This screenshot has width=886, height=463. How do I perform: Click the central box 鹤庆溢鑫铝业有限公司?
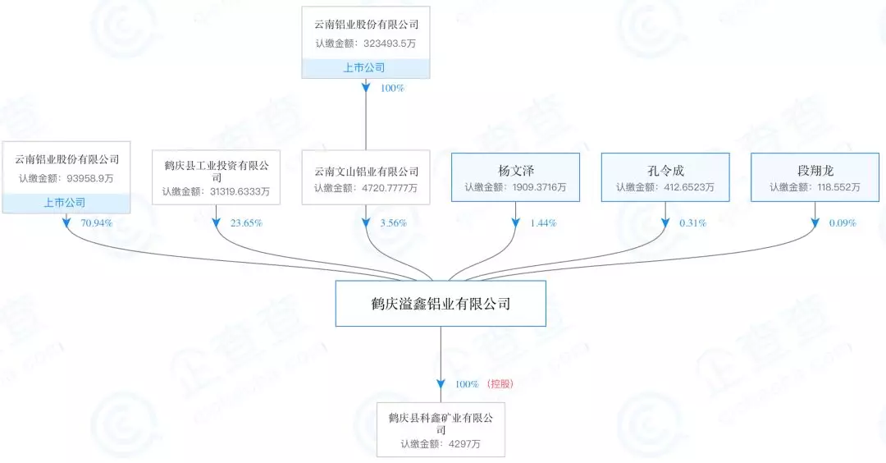(x=441, y=304)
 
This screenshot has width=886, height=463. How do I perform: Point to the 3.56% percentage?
(x=394, y=222)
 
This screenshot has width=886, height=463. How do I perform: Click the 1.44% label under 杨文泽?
(x=543, y=222)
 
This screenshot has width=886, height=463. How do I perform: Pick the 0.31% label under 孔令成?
(x=693, y=222)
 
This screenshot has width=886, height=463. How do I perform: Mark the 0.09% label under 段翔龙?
(x=843, y=222)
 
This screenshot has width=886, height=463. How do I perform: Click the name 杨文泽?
(x=516, y=172)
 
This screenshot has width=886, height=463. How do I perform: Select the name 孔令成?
(x=665, y=172)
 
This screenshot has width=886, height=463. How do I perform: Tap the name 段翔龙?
(x=815, y=172)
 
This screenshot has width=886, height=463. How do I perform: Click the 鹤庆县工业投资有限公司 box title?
(x=216, y=171)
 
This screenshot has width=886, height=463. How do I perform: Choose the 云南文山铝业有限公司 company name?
(x=366, y=172)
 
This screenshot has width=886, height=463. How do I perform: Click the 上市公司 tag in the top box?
(x=364, y=68)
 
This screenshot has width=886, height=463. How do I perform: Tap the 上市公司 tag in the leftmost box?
(x=65, y=203)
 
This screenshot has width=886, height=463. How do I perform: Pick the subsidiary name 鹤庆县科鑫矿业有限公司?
(x=441, y=424)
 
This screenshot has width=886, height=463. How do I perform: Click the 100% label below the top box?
(x=392, y=88)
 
